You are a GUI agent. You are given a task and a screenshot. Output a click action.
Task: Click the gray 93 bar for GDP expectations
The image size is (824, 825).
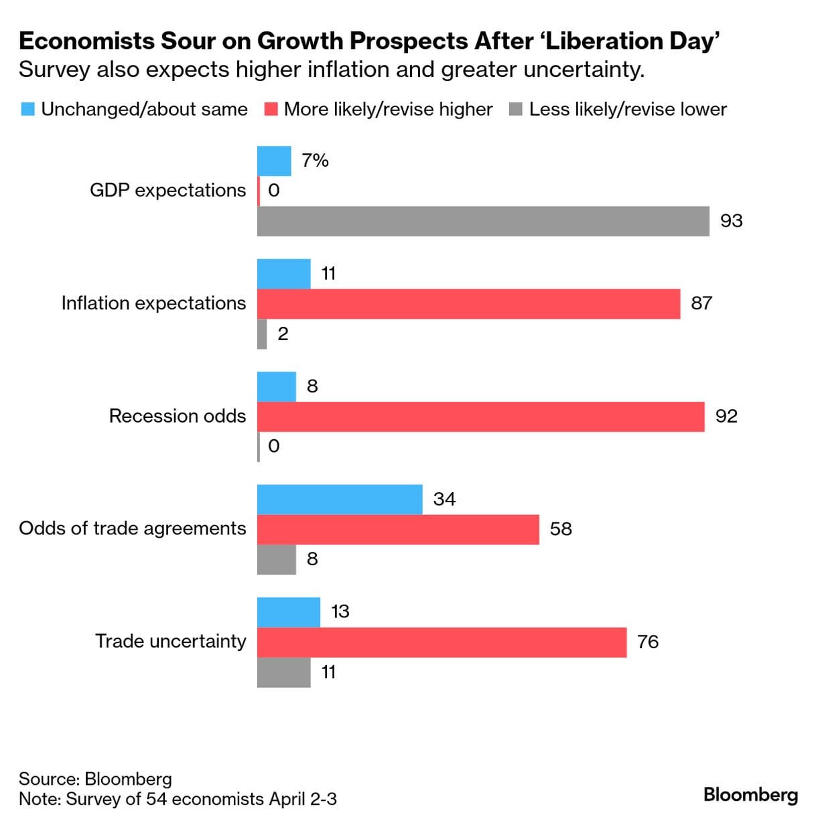(483, 221)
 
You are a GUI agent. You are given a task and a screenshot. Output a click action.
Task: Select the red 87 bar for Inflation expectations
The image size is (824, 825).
(468, 303)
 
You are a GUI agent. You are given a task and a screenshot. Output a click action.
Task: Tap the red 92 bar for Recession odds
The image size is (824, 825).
(480, 417)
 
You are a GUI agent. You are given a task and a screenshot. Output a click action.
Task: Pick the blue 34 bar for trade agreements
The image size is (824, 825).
(340, 500)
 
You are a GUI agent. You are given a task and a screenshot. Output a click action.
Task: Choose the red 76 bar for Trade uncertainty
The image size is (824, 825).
(441, 642)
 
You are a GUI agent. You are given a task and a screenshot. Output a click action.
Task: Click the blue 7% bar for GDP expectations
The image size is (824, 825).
(274, 161)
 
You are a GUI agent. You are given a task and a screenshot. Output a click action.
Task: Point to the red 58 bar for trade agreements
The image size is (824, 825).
(398, 529)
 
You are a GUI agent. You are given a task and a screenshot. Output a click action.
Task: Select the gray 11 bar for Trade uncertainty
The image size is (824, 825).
(283, 672)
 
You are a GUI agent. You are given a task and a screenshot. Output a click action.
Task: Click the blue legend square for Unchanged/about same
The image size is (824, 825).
(27, 109)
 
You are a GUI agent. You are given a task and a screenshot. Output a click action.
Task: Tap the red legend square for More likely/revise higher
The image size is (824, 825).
(271, 109)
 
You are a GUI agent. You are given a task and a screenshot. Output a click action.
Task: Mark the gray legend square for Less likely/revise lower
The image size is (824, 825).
(515, 109)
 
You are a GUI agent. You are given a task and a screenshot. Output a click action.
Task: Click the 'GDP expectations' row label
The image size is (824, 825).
(167, 191)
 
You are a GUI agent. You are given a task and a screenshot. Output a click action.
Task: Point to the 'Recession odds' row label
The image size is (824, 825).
(178, 417)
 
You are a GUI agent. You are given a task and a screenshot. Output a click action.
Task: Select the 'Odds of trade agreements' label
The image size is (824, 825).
(132, 529)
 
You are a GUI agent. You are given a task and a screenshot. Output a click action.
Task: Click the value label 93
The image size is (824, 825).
(731, 221)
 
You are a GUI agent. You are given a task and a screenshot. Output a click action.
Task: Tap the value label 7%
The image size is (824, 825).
(315, 161)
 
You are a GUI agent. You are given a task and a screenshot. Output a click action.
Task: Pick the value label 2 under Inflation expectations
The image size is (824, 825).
(283, 333)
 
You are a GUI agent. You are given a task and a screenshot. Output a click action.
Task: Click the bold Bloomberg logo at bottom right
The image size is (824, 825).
(750, 795)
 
